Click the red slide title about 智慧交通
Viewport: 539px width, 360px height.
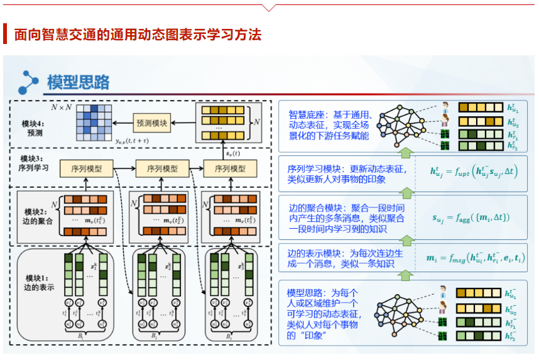click(x=138, y=34)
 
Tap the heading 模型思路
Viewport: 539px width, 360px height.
click(x=79, y=82)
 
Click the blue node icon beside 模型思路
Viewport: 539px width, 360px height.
click(x=29, y=82)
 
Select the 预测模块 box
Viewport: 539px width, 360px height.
click(x=151, y=123)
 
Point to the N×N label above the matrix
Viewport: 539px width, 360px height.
click(x=62, y=107)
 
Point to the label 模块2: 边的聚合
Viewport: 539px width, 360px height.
click(x=36, y=217)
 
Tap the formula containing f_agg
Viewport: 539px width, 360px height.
click(x=471, y=217)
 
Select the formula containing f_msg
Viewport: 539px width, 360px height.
click(x=475, y=258)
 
